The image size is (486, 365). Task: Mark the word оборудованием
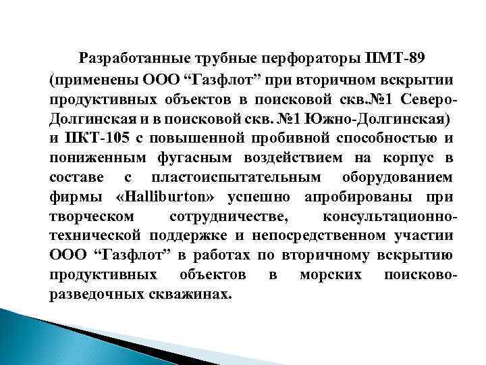[x=400, y=177]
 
